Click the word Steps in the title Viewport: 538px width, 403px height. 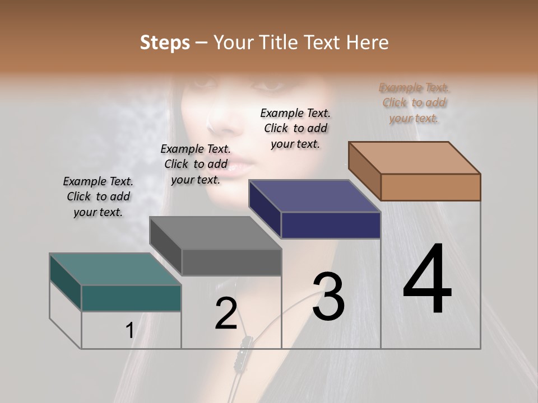pyautogui.click(x=165, y=43)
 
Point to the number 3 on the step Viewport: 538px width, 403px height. pyautogui.click(x=328, y=297)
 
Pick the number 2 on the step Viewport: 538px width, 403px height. pyautogui.click(x=226, y=313)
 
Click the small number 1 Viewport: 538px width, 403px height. pyautogui.click(x=129, y=331)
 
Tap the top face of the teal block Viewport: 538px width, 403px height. pyautogui.click(x=115, y=269)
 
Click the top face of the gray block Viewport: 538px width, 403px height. pyautogui.click(x=215, y=233)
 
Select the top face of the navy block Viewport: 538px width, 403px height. pyautogui.click(x=314, y=196)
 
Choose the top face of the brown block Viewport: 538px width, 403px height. pyautogui.click(x=414, y=158)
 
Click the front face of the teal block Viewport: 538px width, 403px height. pyautogui.click(x=131, y=298)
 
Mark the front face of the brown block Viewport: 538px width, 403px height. pyautogui.click(x=430, y=187)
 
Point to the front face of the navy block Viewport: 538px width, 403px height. pyautogui.click(x=331, y=225)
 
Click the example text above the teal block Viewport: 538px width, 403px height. pyautogui.click(x=98, y=196)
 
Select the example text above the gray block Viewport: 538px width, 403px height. pyautogui.click(x=196, y=164)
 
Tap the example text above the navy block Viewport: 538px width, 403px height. pyautogui.click(x=295, y=128)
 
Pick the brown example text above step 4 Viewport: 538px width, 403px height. pyautogui.click(x=414, y=102)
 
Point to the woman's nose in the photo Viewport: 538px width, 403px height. pyautogui.click(x=221, y=120)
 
